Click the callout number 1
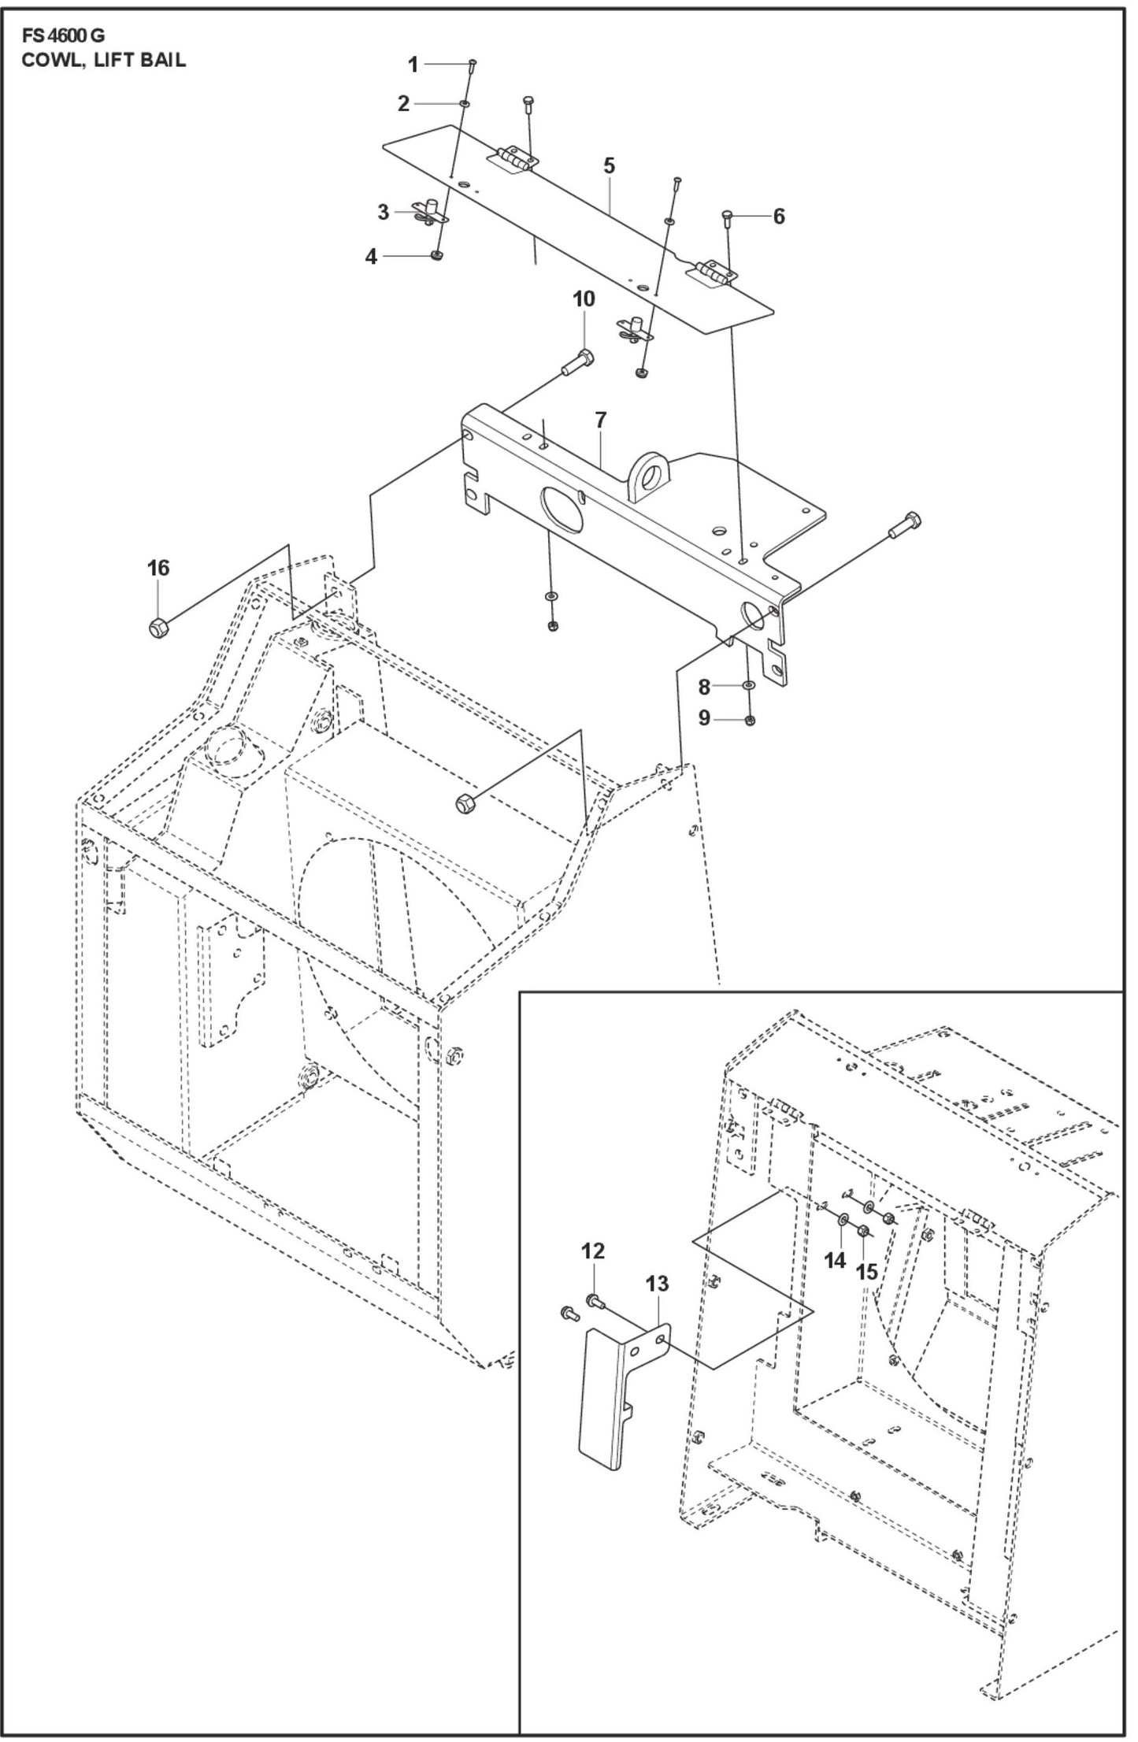tap(413, 65)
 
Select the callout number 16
tap(158, 568)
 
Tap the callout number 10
tap(584, 299)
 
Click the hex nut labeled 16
tap(157, 628)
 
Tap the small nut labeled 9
tap(750, 719)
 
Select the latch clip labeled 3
tap(428, 212)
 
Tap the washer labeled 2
tap(465, 104)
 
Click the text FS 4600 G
tap(63, 36)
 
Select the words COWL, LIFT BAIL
tap(104, 61)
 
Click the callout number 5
tap(609, 167)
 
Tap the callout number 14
tap(834, 1261)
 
